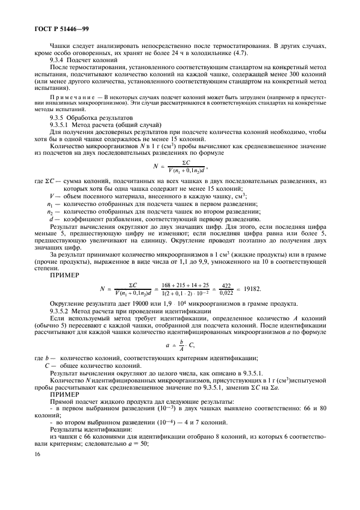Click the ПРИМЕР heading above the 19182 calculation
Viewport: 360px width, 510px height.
pos(64,275)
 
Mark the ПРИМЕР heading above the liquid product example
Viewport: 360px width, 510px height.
pos(64,393)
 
